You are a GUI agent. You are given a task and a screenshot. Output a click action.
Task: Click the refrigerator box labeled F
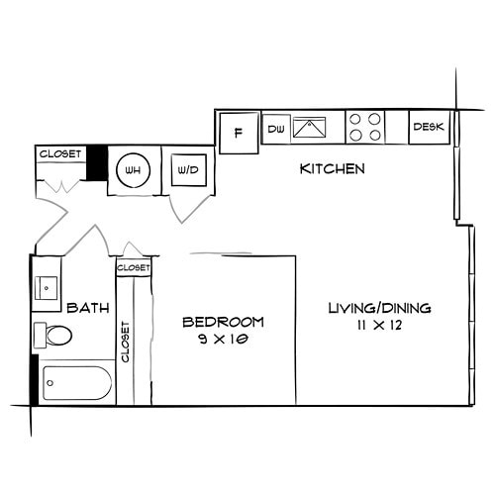[x=238, y=133]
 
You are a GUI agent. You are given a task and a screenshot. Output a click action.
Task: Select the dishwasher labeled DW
[x=275, y=128]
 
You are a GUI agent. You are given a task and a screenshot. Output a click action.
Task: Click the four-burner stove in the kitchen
[x=364, y=128]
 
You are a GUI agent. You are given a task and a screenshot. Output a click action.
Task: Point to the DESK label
[x=429, y=127]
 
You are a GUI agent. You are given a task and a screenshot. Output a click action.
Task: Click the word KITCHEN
[x=333, y=169]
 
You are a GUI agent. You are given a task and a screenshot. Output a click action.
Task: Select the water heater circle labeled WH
[x=131, y=170]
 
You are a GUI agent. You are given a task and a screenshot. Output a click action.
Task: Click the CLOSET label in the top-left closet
[x=58, y=153]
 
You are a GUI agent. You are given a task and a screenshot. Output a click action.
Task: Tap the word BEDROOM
[x=223, y=322]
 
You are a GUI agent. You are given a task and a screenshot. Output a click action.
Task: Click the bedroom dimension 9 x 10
[x=223, y=339]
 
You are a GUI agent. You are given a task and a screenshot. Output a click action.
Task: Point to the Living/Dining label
[x=379, y=309]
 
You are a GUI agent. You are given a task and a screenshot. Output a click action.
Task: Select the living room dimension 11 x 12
[x=380, y=326]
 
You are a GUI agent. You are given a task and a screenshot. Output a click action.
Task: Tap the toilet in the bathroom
[x=53, y=336]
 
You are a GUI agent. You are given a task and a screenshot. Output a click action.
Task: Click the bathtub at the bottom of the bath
[x=76, y=384]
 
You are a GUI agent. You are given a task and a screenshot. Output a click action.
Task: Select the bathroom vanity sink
[x=47, y=288]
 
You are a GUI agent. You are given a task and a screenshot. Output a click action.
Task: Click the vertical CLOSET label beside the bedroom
[x=126, y=342]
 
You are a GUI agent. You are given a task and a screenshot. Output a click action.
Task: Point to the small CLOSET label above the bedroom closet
[x=134, y=268]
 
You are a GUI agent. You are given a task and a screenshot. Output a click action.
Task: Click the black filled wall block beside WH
[x=96, y=163]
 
